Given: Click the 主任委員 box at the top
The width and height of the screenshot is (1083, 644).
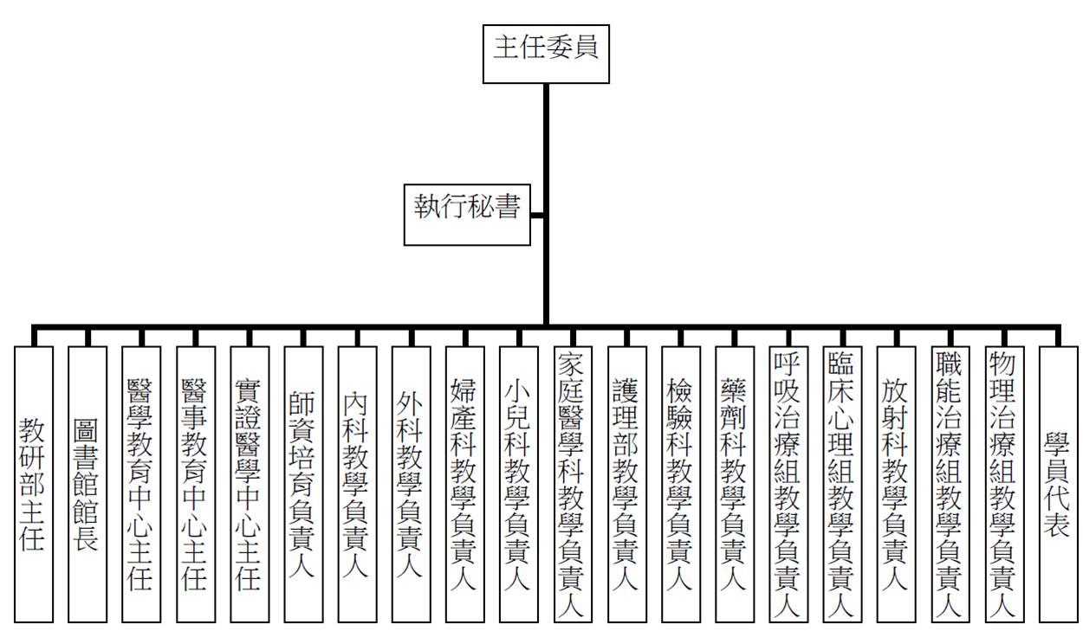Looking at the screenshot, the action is point(546,55).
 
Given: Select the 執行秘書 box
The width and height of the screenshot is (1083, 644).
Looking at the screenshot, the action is point(467,215).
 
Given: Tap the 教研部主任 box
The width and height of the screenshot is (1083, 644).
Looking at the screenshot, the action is point(34,484).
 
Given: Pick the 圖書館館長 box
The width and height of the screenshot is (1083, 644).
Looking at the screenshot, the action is point(88,484).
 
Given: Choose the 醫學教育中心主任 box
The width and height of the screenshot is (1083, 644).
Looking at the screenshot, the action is point(141,484).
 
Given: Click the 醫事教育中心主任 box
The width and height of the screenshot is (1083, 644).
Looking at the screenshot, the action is point(196,484).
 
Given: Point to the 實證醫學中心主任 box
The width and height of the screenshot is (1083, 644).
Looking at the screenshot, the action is point(250,484).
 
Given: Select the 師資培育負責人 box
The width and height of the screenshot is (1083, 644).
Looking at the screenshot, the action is point(303,484).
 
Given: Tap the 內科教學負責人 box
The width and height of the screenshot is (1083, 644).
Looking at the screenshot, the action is point(357,484).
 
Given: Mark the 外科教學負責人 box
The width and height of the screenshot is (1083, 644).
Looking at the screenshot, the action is point(411,484).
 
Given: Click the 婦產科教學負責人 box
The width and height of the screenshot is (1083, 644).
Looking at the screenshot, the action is point(465,484).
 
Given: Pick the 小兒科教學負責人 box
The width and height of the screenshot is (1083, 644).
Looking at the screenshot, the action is point(519,484).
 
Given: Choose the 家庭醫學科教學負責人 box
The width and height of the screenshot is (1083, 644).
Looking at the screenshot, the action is point(573,484).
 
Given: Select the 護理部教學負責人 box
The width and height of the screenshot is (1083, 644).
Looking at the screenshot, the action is point(627,484).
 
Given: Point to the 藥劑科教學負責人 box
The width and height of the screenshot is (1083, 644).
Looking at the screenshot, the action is point(735,484).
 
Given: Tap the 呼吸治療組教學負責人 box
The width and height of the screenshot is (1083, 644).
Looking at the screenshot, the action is point(788,484).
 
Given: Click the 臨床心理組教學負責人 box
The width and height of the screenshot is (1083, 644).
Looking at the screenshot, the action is point(843,484).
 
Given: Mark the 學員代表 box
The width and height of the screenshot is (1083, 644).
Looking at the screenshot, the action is point(1059,484).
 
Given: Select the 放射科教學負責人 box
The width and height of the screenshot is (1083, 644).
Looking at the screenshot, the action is point(897,484).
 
